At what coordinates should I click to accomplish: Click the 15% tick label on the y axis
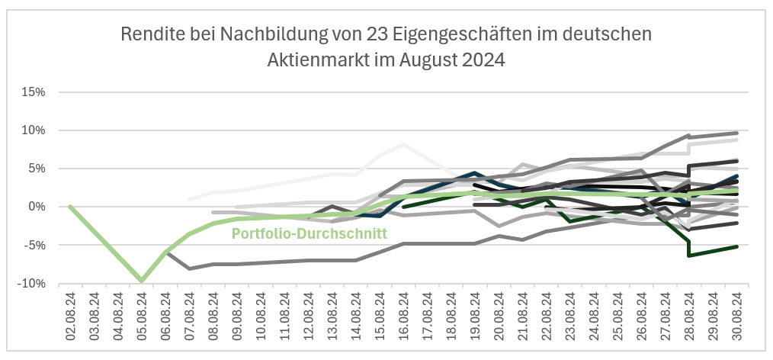coord(34,92)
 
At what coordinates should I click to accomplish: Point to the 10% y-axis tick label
coord(34,130)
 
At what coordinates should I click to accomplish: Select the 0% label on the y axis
coord(38,207)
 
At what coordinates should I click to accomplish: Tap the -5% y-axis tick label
coord(36,245)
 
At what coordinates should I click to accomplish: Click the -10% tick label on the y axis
coord(34,284)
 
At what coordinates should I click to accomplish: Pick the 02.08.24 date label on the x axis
coord(70,317)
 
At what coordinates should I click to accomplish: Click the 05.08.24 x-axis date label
coord(142,317)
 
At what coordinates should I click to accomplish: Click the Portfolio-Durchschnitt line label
coord(310,233)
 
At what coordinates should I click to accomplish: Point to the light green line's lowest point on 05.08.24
coord(142,281)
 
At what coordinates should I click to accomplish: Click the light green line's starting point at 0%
coord(70,207)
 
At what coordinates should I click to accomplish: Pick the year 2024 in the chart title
coord(483,59)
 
